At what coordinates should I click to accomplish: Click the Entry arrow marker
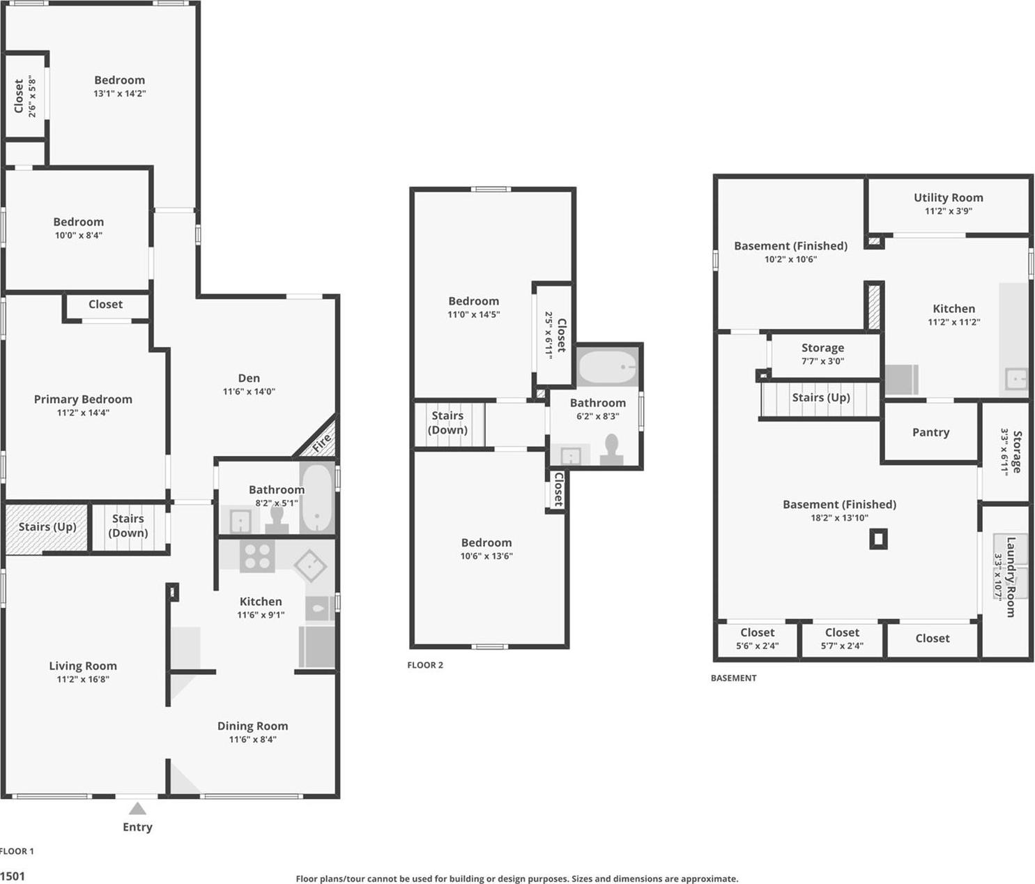pyautogui.click(x=137, y=809)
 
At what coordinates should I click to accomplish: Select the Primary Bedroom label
pyautogui.click(x=83, y=399)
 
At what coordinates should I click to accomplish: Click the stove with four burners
pyautogui.click(x=256, y=556)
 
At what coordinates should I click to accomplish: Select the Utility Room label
pyautogui.click(x=948, y=198)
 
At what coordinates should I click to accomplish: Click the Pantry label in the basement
pyautogui.click(x=930, y=432)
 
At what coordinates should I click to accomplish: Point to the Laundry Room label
pyautogui.click(x=1011, y=577)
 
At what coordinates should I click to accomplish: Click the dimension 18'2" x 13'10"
pyautogui.click(x=839, y=518)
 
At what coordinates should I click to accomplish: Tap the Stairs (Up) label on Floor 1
pyautogui.click(x=47, y=527)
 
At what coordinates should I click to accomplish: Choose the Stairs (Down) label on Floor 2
pyautogui.click(x=447, y=422)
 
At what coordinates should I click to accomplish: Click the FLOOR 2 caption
pyautogui.click(x=425, y=665)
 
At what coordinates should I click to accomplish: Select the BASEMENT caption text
pyautogui.click(x=733, y=678)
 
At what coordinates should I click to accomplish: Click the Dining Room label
pyautogui.click(x=252, y=726)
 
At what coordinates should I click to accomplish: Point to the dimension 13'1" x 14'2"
pyautogui.click(x=120, y=93)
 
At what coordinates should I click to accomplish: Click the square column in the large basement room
pyautogui.click(x=878, y=539)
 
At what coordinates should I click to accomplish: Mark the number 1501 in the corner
pyautogui.click(x=13, y=876)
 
